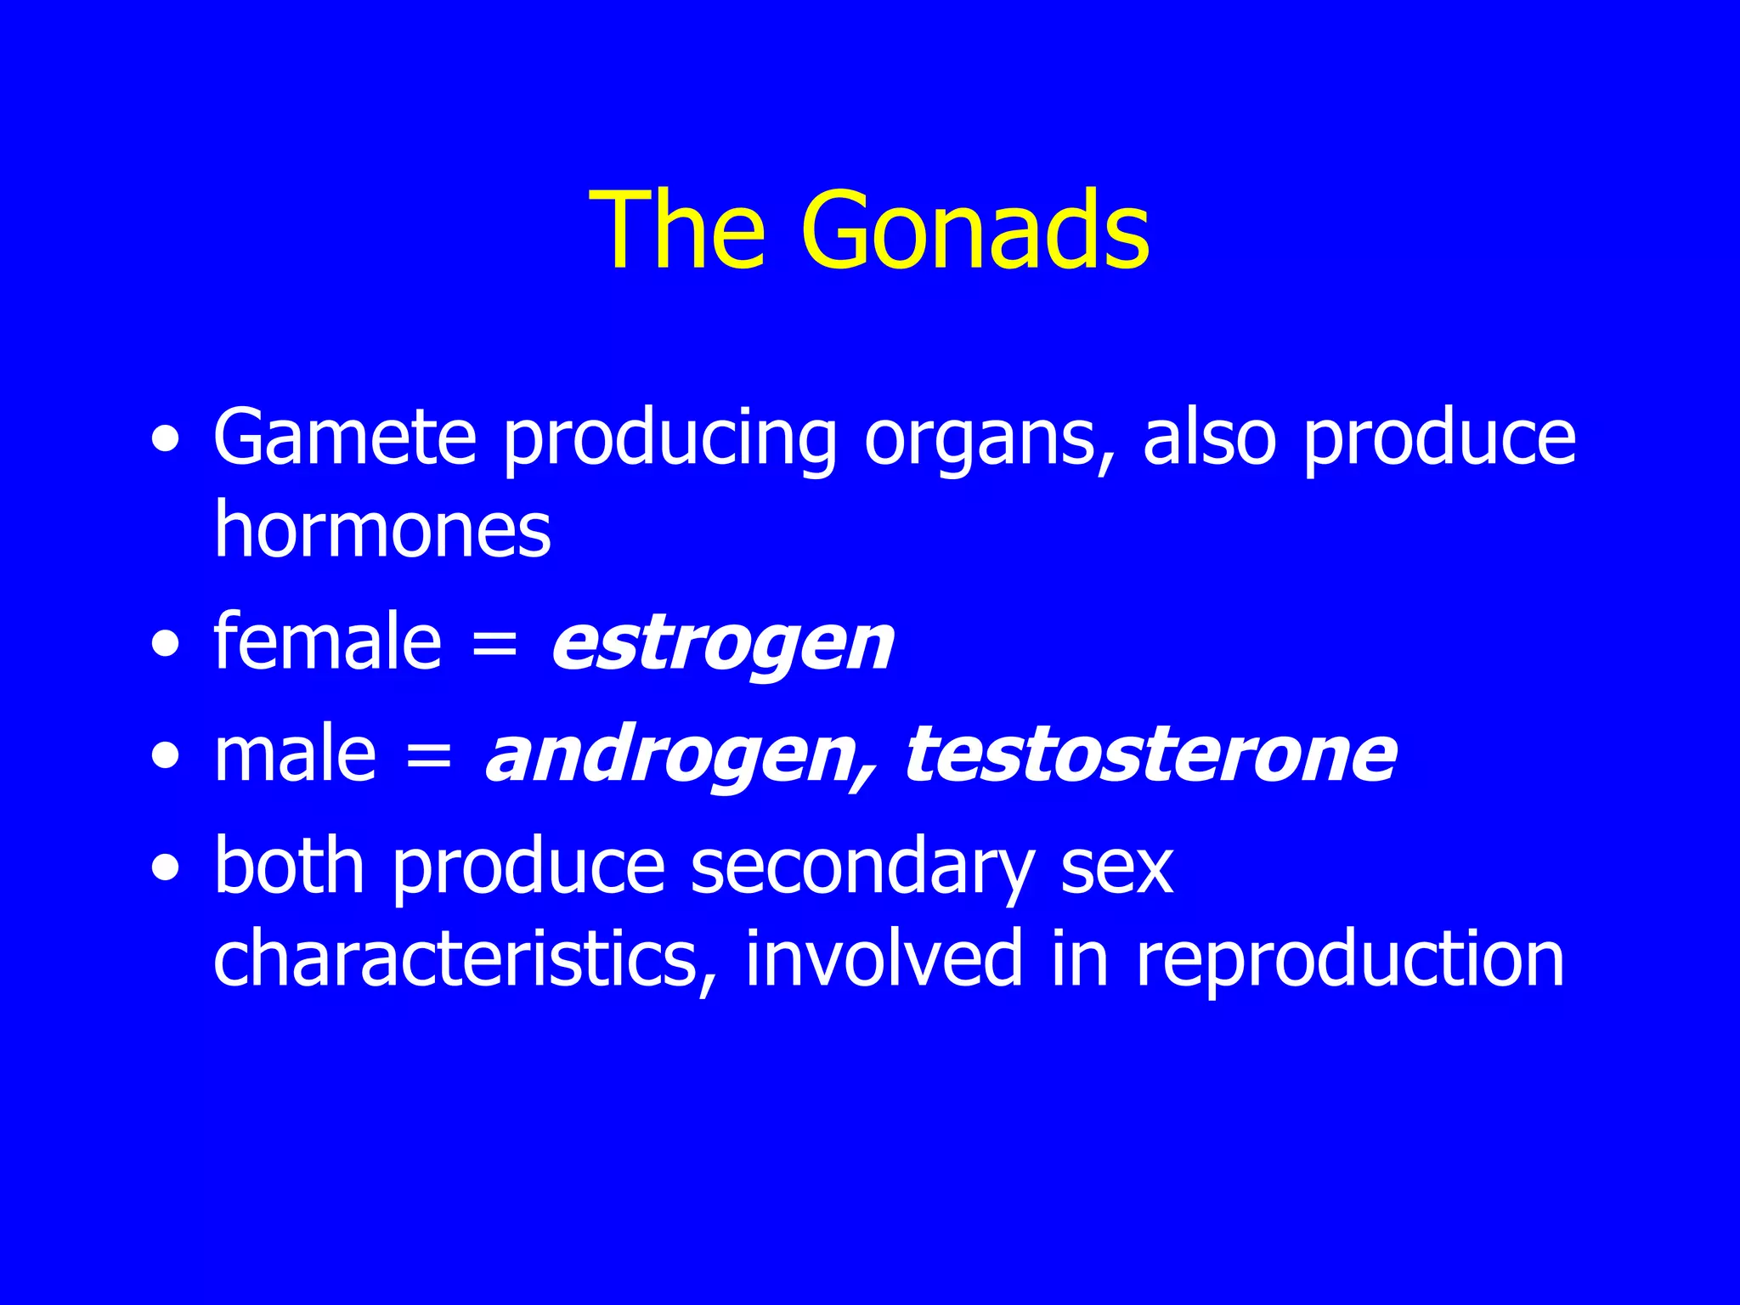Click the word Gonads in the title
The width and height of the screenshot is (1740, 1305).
[975, 231]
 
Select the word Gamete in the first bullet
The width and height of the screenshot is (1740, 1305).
[344, 438]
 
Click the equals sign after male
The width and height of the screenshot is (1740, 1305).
[429, 756]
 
